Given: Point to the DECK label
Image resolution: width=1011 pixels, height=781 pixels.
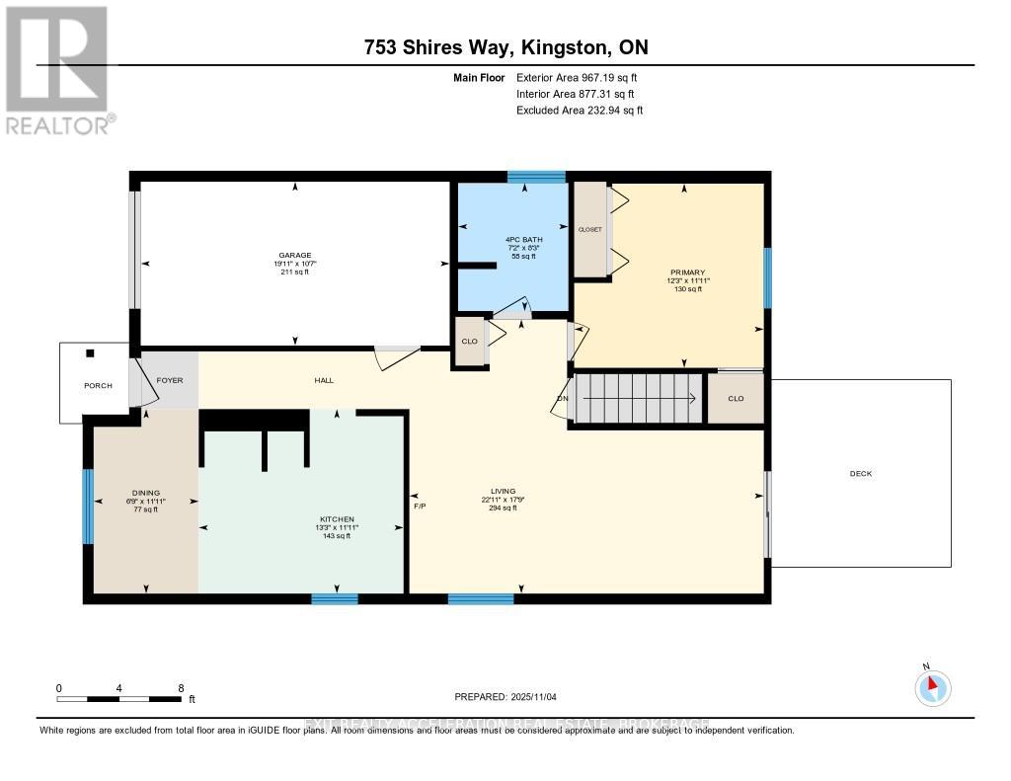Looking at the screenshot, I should pyautogui.click(x=860, y=473).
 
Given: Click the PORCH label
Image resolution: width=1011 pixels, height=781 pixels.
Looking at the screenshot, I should pyautogui.click(x=98, y=385).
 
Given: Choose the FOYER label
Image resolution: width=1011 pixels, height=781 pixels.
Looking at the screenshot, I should pyautogui.click(x=170, y=379).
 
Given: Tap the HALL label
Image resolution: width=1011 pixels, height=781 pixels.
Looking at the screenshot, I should pyautogui.click(x=324, y=380).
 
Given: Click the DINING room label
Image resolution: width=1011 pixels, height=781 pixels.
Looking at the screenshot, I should pyautogui.click(x=146, y=493).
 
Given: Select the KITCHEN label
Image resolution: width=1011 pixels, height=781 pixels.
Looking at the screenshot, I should pyautogui.click(x=337, y=519).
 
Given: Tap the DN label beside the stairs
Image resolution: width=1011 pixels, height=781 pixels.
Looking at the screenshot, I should pyautogui.click(x=563, y=399).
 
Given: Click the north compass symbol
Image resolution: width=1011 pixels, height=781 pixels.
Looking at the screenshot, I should pyautogui.click(x=932, y=687).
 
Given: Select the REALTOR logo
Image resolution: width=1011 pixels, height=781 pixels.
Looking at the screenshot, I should pyautogui.click(x=58, y=69).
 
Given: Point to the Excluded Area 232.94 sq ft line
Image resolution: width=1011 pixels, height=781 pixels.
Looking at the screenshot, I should pyautogui.click(x=580, y=111).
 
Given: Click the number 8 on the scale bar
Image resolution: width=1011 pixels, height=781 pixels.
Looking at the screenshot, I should pyautogui.click(x=181, y=688).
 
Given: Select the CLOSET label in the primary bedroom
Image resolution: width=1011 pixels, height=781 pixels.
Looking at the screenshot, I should pyautogui.click(x=590, y=229).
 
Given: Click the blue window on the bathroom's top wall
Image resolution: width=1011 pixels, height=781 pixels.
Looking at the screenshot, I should pyautogui.click(x=536, y=177).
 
